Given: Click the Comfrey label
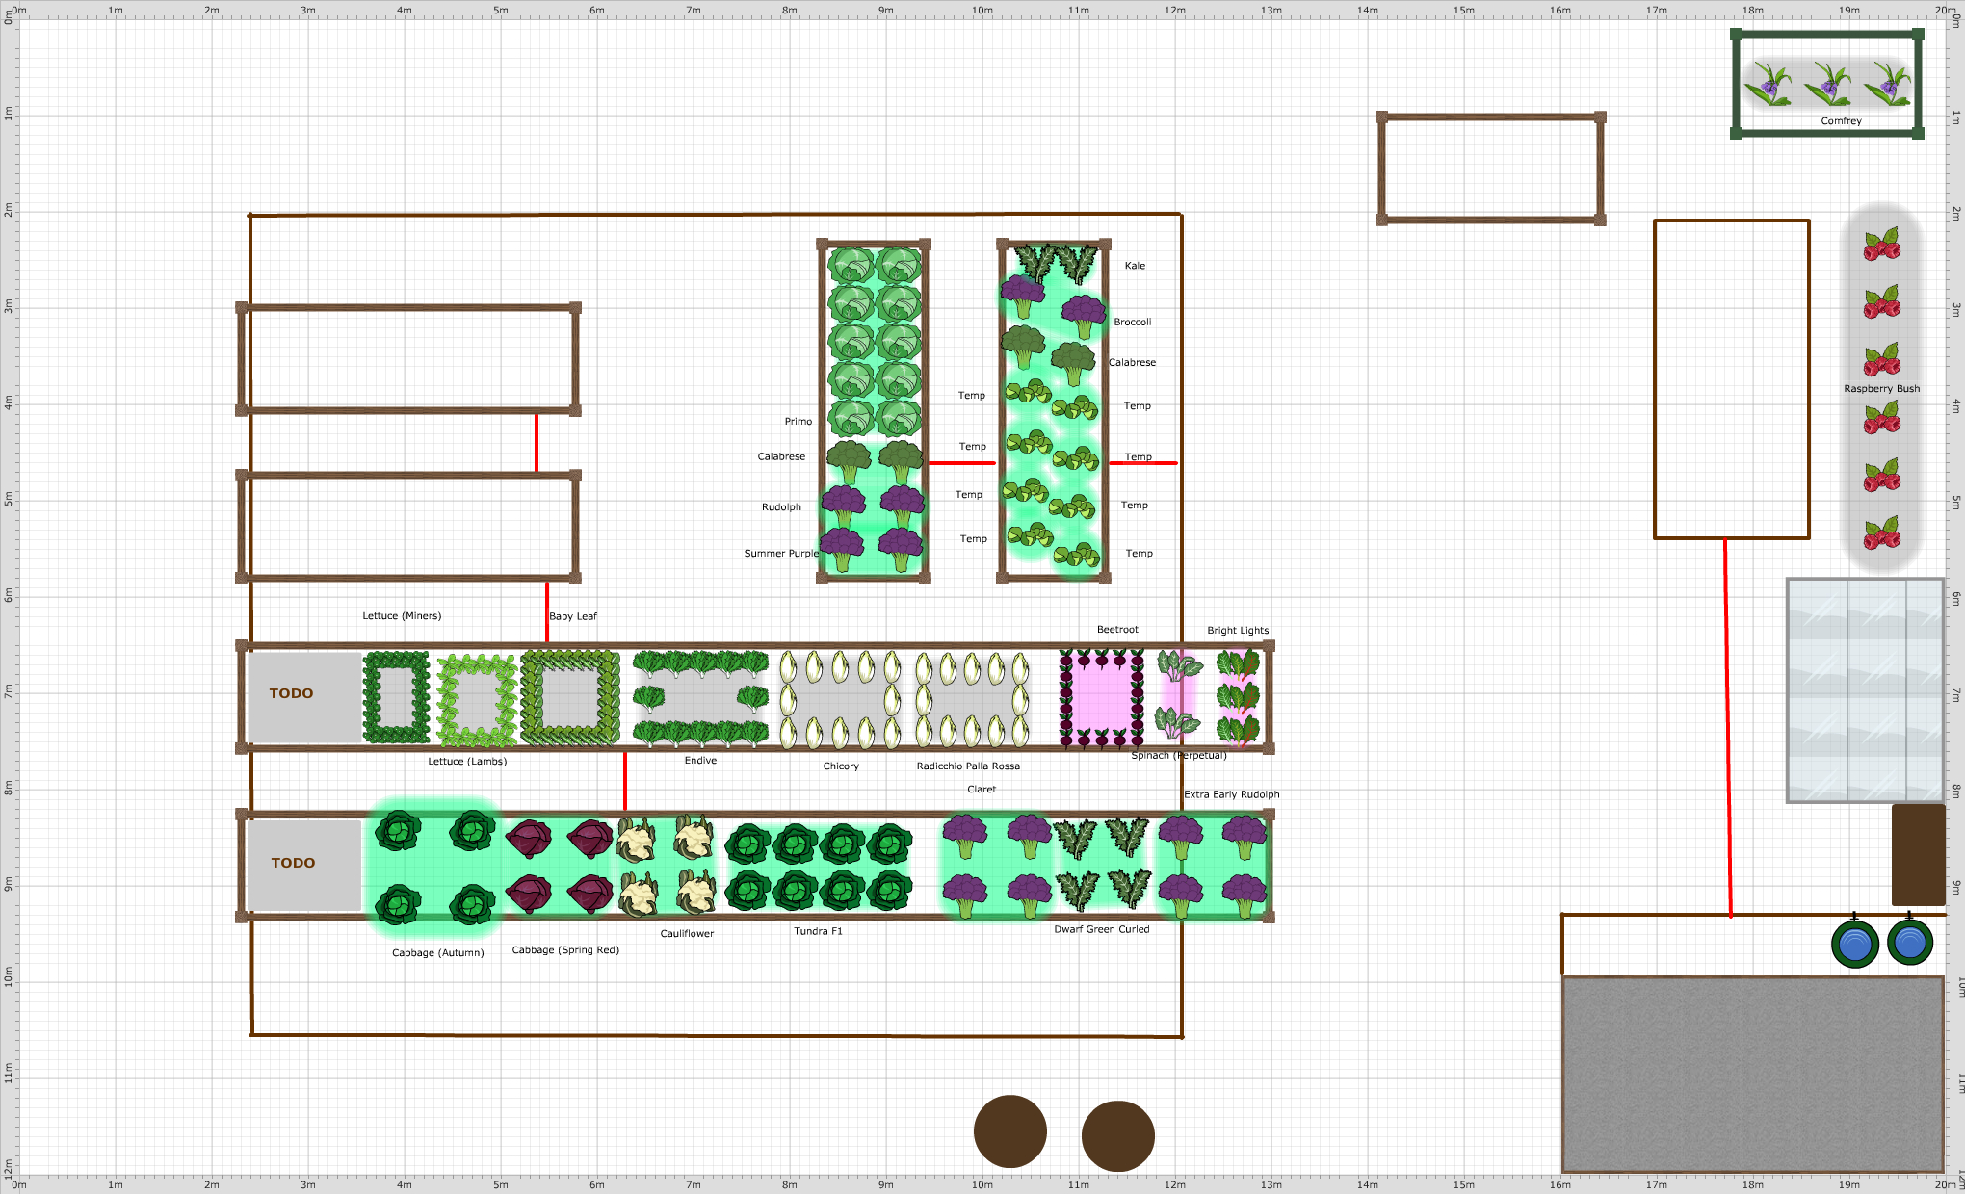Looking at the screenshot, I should (x=1841, y=121).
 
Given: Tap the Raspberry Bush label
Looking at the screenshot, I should (x=1881, y=389).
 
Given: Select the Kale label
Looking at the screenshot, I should (x=1135, y=266).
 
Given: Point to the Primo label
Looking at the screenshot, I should (x=798, y=422).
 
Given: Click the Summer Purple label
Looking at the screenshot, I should (x=781, y=554).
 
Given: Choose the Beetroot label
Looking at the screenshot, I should (x=1117, y=630).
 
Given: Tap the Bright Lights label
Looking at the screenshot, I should (x=1238, y=631).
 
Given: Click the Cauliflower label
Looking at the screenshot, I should (x=687, y=934).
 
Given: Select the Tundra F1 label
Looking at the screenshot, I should (x=818, y=931).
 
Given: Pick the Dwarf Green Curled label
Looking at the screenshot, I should (x=1101, y=930).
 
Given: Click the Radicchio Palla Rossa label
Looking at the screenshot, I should (x=968, y=766).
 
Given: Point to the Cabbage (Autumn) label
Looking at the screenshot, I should (x=437, y=953).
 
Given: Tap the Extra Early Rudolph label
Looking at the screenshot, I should (x=1231, y=795).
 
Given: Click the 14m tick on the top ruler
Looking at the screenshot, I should (x=1368, y=11).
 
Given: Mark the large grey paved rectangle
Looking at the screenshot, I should (x=1751, y=1074).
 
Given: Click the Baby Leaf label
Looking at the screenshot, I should (x=573, y=616).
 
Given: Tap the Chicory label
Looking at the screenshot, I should (x=841, y=766).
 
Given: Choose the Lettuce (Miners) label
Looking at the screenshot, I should (x=402, y=616).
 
